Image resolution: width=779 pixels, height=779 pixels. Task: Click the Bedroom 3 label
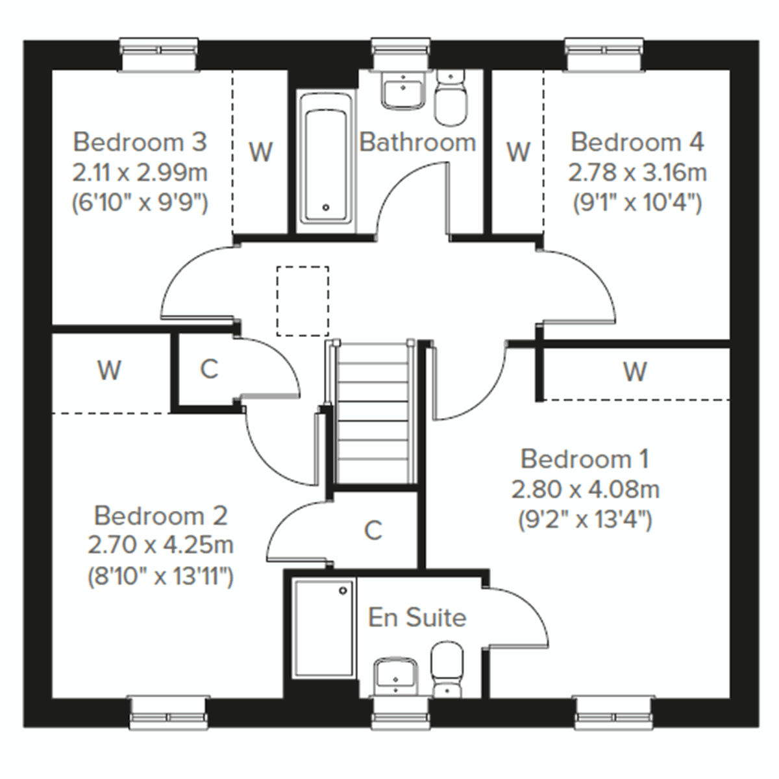click(140, 142)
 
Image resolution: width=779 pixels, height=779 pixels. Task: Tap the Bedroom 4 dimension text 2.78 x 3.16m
click(637, 173)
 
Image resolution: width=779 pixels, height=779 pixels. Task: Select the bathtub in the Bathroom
click(326, 162)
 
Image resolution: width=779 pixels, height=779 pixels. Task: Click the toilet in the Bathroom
click(449, 99)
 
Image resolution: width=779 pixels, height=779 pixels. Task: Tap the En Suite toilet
click(446, 669)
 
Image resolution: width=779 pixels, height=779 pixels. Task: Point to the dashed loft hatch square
click(303, 301)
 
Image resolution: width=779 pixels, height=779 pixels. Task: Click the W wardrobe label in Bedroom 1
click(635, 373)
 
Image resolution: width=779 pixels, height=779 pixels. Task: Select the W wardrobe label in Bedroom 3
click(261, 152)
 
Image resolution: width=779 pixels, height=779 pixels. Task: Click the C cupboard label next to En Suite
click(373, 531)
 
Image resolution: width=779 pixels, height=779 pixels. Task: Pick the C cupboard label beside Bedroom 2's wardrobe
click(208, 369)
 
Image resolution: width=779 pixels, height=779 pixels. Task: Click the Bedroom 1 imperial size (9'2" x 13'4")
click(585, 519)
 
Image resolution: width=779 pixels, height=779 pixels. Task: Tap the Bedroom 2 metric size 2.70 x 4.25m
click(160, 545)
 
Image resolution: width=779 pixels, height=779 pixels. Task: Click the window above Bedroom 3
click(159, 55)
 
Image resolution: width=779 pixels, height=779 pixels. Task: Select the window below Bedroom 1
click(613, 711)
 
